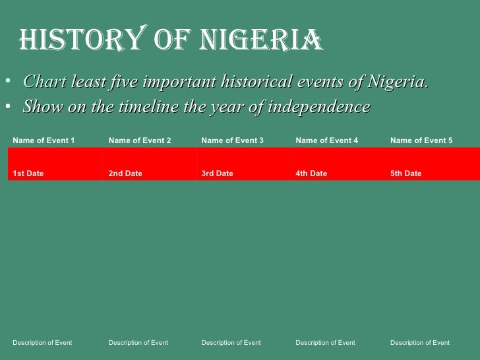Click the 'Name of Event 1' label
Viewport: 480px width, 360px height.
44,140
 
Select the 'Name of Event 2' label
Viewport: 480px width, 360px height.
140,140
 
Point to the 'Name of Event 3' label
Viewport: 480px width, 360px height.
233,140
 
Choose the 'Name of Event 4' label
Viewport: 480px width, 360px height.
327,140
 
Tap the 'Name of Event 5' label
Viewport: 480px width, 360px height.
421,140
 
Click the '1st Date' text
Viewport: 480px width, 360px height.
28,173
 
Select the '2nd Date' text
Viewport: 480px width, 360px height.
125,173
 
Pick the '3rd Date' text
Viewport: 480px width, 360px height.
217,173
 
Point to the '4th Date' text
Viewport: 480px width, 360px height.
311,173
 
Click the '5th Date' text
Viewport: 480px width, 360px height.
406,173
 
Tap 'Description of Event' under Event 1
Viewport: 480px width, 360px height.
42,342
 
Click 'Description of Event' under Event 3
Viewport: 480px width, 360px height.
231,342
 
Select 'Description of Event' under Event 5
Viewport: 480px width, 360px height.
420,342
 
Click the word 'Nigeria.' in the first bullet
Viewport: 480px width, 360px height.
398,82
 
